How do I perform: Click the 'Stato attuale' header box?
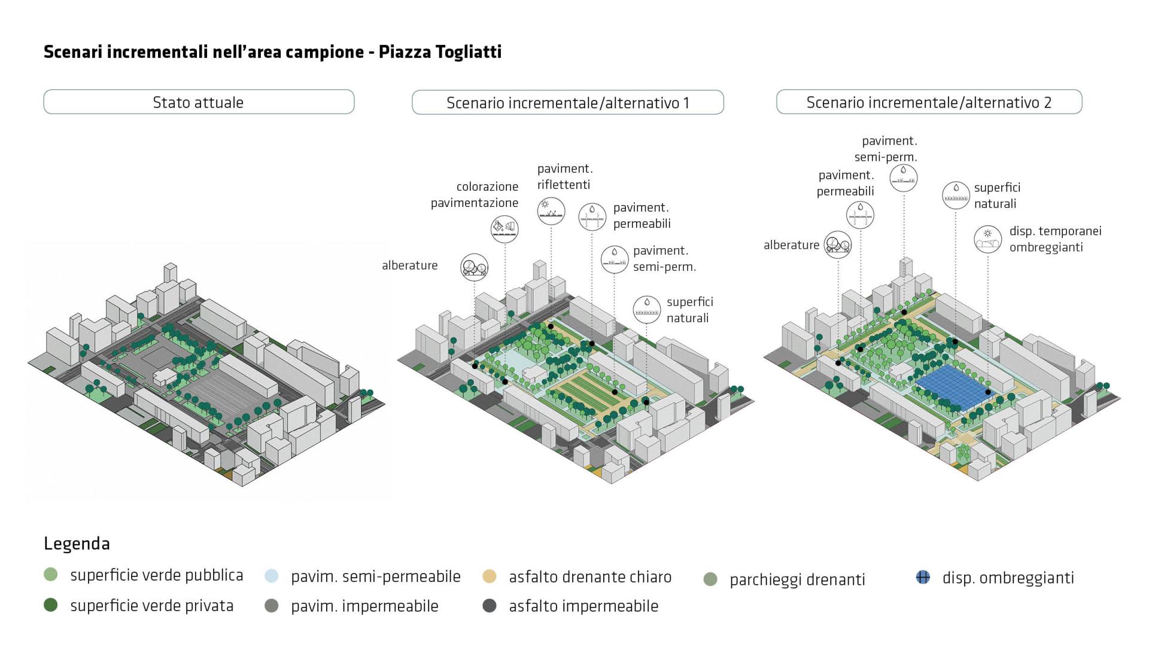coord(199,102)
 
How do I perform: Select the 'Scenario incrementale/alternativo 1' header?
coord(567,102)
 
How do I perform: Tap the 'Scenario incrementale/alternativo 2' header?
coord(929,102)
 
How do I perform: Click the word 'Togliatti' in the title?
coord(469,52)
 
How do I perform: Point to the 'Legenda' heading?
coord(77,544)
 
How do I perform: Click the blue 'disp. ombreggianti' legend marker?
coord(923,577)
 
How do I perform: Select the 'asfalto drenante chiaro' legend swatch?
coord(490,576)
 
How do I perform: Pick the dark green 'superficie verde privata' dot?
coord(51,605)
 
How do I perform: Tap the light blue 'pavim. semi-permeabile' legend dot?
coord(272,576)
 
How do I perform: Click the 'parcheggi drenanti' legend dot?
coord(710,579)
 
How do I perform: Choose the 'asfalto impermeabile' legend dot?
coord(490,606)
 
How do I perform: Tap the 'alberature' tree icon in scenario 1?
coord(474,267)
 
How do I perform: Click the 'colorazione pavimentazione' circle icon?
coord(504,228)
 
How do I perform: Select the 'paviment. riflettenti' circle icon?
coord(551,211)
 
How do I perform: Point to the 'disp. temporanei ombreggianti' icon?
coord(987,239)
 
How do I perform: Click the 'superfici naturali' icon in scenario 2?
coord(956,195)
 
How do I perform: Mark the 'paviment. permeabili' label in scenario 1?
coord(642,215)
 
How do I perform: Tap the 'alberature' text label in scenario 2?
coord(791,245)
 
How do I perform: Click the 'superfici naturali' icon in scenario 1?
coord(647,309)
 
